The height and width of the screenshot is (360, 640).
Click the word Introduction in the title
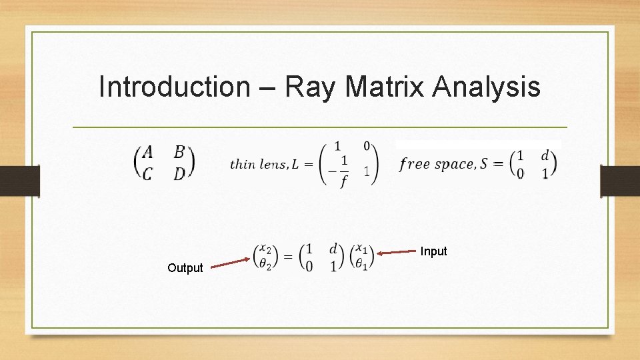point(173,87)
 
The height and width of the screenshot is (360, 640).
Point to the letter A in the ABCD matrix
point(147,152)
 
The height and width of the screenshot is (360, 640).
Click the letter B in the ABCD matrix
point(179,152)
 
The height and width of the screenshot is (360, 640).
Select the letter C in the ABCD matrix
point(147,173)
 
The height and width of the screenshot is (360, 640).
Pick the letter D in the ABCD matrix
point(179,173)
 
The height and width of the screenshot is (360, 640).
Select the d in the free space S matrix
point(545,155)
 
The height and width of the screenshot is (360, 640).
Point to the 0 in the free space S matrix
point(520,173)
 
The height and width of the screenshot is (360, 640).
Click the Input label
point(433,251)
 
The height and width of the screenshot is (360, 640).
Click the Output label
point(185,268)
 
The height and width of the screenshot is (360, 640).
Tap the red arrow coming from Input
point(397,252)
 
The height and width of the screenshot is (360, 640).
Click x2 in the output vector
point(265,249)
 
